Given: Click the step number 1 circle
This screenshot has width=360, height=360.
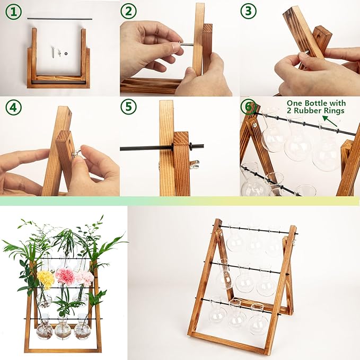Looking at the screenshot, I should (14, 12).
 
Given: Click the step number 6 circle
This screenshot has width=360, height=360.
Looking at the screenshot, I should (248, 106).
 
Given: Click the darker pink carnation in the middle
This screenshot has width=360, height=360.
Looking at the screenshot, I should (65, 276).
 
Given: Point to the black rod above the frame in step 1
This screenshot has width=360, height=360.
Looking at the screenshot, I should (58, 19).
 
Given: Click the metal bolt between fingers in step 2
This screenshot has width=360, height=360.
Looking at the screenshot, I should (187, 45).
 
